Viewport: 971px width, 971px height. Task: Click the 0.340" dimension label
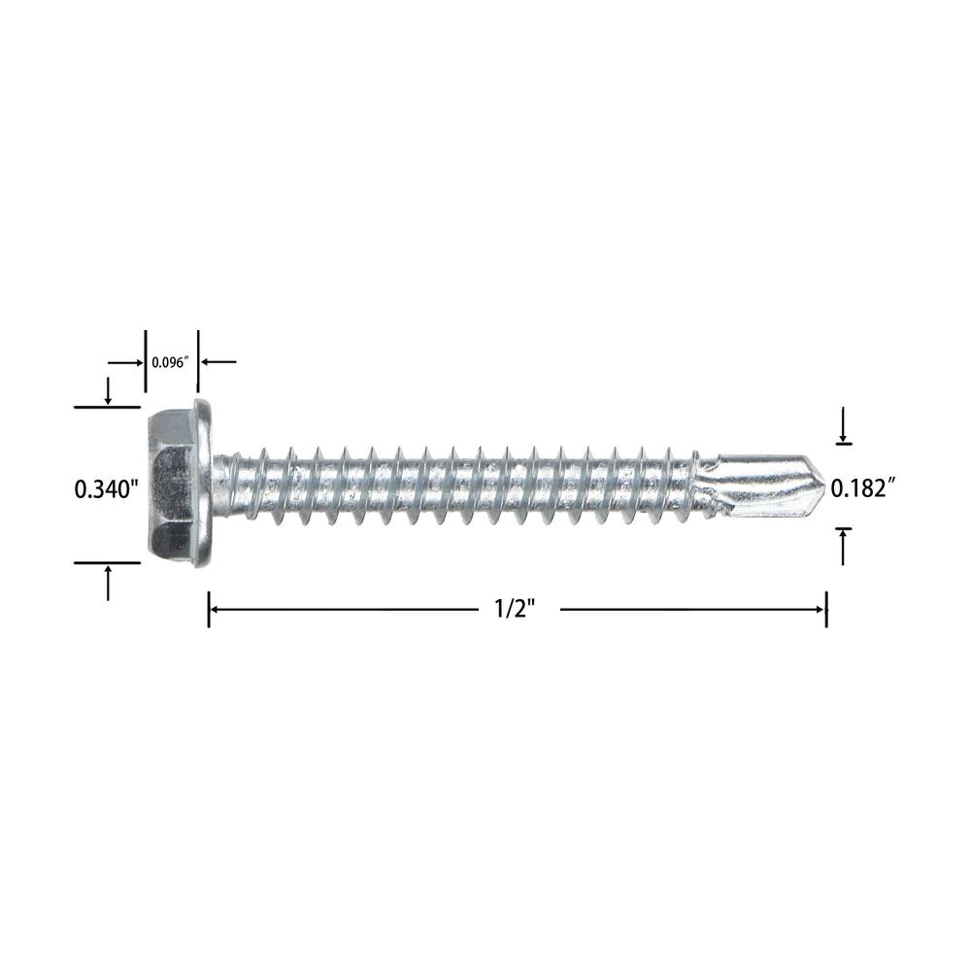coord(105,489)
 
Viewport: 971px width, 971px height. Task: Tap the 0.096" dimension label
coord(170,363)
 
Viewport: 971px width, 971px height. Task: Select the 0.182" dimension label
coord(863,488)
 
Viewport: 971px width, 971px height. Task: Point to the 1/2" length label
coord(515,610)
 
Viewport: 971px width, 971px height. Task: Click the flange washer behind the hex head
coord(204,484)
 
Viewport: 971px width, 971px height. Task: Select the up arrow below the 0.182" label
coord(843,546)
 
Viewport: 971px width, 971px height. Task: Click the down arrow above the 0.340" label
coord(108,391)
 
